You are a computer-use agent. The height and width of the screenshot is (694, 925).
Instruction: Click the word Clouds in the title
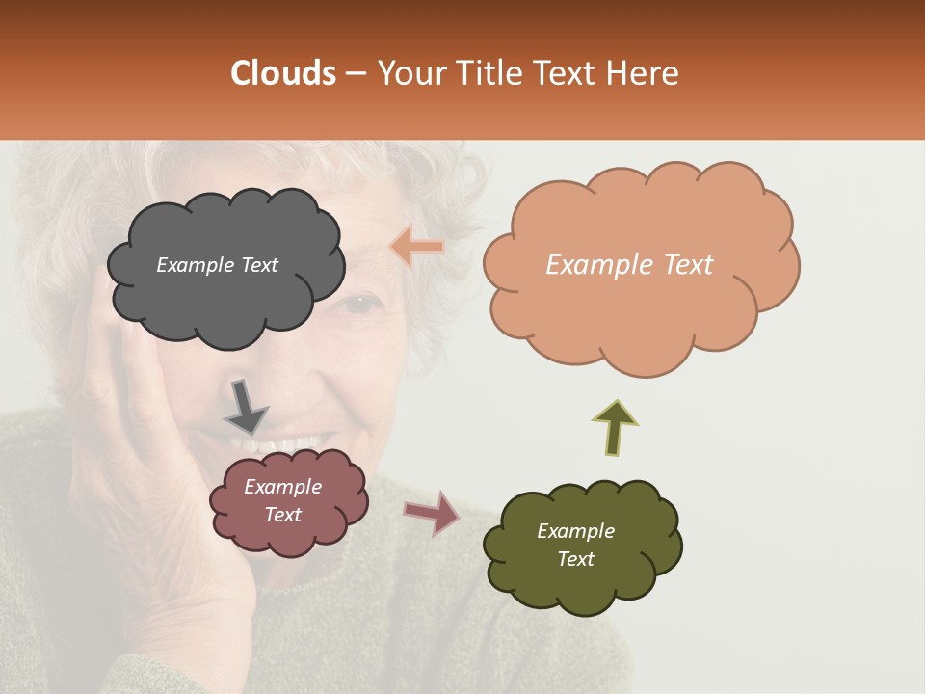(x=283, y=73)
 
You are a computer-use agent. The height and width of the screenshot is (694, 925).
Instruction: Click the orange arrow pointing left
(x=417, y=247)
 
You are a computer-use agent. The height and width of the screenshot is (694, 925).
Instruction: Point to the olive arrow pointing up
(x=614, y=427)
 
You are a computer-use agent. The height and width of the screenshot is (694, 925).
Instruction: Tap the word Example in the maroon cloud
(x=282, y=487)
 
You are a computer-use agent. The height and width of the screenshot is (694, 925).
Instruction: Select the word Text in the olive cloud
(x=575, y=559)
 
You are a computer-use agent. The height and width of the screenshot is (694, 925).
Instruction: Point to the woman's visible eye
(x=361, y=305)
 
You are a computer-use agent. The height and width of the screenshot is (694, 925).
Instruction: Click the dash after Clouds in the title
(x=355, y=74)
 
